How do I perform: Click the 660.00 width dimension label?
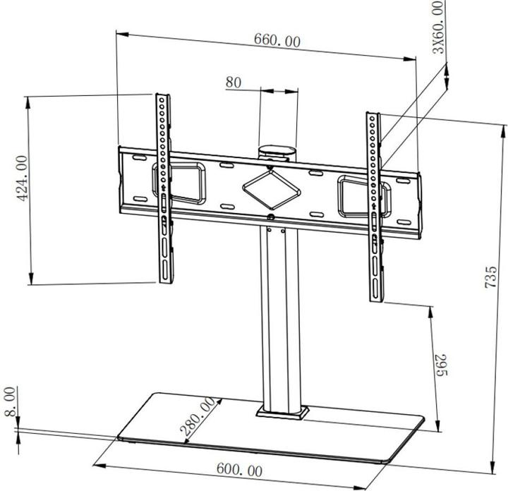click(277, 40)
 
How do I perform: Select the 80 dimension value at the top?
click(234, 83)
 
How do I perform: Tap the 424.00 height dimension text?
click(23, 178)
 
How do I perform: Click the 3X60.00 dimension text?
click(440, 28)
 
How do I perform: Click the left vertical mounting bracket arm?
click(164, 190)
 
